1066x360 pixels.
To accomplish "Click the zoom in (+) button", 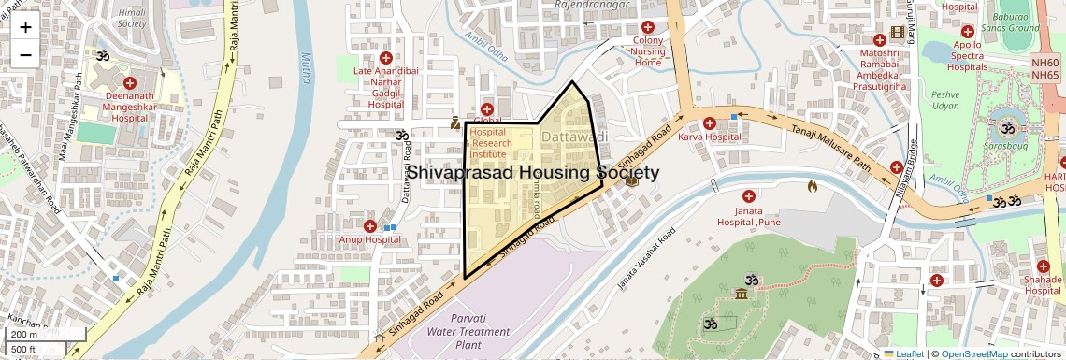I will pos(25,27).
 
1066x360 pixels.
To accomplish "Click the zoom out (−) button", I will pos(25,54).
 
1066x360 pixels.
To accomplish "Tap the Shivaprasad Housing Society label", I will pos(532,173).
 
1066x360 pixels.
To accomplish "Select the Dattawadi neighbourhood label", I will pos(574,137).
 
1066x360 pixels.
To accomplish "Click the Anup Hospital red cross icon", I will pos(370,226).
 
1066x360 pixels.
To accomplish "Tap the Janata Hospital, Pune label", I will pos(748,216).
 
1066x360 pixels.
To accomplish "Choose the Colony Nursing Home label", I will pos(648,51).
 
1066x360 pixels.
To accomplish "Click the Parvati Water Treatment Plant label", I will pos(468,332).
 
